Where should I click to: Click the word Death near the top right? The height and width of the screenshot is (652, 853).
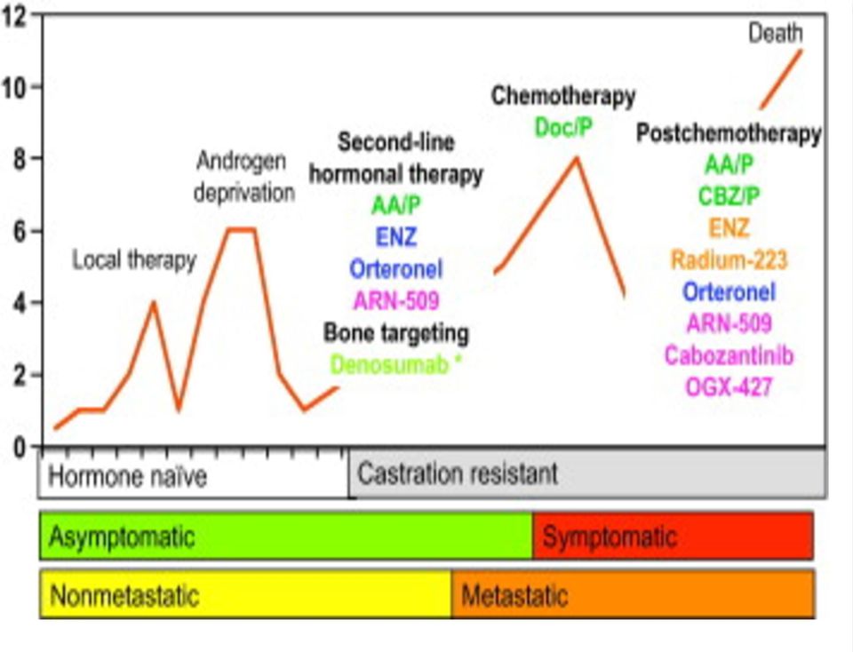(775, 33)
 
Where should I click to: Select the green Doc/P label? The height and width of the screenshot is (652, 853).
(563, 128)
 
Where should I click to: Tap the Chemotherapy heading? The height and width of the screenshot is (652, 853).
(563, 96)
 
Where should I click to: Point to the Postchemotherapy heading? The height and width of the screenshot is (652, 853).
(729, 133)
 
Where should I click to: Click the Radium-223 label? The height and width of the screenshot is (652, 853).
(729, 260)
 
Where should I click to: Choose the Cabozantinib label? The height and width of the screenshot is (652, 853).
(729, 355)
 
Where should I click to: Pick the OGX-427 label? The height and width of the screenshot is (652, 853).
(729, 387)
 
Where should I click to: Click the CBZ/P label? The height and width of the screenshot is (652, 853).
(729, 196)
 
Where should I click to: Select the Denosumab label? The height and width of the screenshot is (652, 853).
(395, 365)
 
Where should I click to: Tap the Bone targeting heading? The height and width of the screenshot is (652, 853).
(396, 333)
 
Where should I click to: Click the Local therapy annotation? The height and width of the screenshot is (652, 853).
(134, 260)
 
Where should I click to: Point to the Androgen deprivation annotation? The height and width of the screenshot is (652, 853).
(244, 177)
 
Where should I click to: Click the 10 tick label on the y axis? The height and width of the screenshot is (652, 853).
(14, 87)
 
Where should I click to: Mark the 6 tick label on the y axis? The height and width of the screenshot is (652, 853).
(20, 231)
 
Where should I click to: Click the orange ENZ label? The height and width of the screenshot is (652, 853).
(729, 228)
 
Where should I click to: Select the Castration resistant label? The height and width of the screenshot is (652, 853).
(458, 473)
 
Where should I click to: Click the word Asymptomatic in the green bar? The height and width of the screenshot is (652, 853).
(122, 537)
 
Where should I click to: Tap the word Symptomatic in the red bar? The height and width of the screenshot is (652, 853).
(610, 537)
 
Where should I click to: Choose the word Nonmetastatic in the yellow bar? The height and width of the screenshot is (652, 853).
(124, 595)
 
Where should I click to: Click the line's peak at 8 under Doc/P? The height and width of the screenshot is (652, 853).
(577, 158)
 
